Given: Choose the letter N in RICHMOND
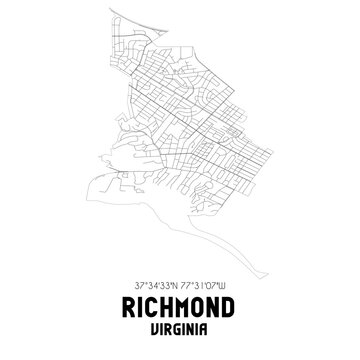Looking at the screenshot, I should [x=228, y=309].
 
